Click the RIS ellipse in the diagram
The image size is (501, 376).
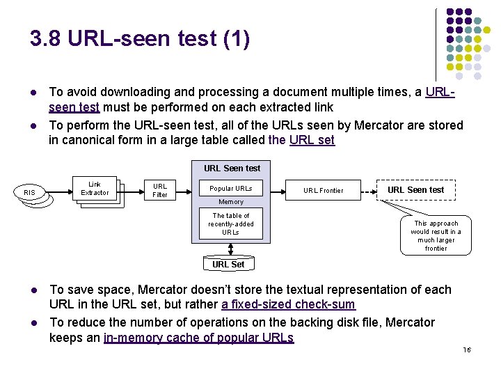29,192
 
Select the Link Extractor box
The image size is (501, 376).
95,188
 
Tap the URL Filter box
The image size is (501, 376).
160,190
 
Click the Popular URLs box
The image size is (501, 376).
231,188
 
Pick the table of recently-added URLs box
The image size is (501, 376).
231,224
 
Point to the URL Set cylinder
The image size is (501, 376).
229,264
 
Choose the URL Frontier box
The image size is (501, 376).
323,190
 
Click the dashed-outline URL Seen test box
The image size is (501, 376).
416,190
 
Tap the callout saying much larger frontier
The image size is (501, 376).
436,235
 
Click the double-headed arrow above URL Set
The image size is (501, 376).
230,249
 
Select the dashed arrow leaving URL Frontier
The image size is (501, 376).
369,192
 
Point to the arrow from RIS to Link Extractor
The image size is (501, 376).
59,192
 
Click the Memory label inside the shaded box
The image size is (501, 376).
231,202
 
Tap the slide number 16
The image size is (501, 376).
467,350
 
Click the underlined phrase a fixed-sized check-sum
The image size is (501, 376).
289,304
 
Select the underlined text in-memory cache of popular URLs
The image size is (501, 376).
198,338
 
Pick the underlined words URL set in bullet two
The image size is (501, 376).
312,140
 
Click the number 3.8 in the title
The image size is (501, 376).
45,38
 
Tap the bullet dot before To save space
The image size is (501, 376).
34,290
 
